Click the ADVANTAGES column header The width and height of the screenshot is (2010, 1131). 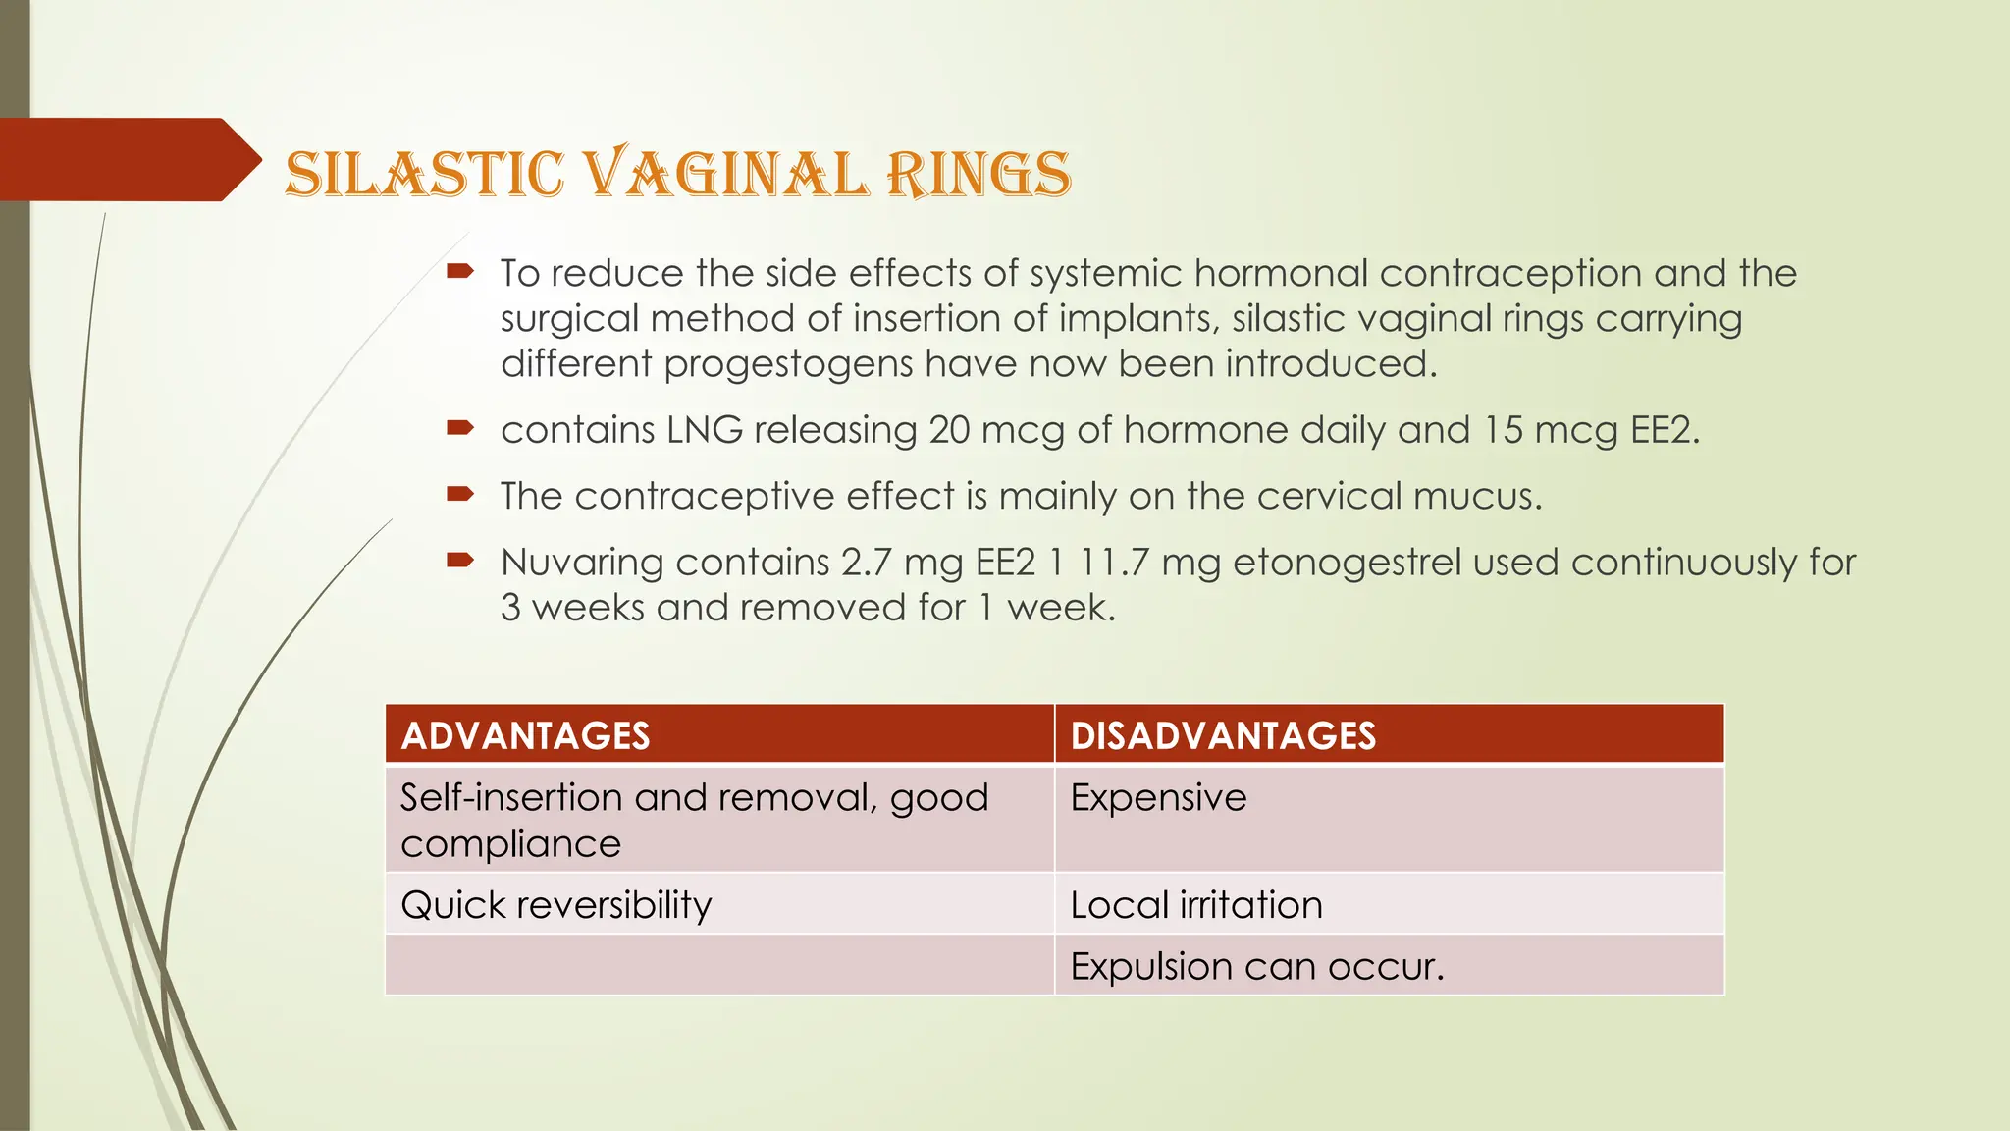[525, 735]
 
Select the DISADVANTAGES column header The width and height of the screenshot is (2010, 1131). [1223, 735]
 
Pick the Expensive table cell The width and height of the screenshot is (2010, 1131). [1158, 797]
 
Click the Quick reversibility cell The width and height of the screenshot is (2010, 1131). [555, 904]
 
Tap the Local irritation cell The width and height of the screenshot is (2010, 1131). [1196, 904]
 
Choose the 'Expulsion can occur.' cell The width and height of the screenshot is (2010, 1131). [1257, 966]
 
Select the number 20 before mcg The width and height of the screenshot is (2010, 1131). [949, 430]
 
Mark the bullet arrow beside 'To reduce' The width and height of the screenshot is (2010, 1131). [460, 270]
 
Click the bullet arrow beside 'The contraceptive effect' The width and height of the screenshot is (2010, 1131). [460, 493]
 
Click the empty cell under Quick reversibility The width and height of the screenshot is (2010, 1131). [719, 965]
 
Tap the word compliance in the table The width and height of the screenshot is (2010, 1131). [510, 844]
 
